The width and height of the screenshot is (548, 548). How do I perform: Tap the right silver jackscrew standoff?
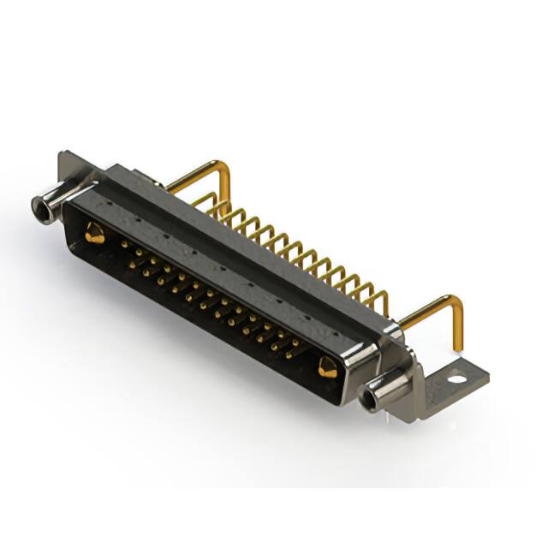(384, 391)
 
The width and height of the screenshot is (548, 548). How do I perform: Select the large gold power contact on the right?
(327, 367)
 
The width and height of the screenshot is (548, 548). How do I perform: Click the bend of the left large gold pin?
(224, 167)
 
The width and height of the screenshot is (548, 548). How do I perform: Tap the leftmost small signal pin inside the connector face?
(125, 244)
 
